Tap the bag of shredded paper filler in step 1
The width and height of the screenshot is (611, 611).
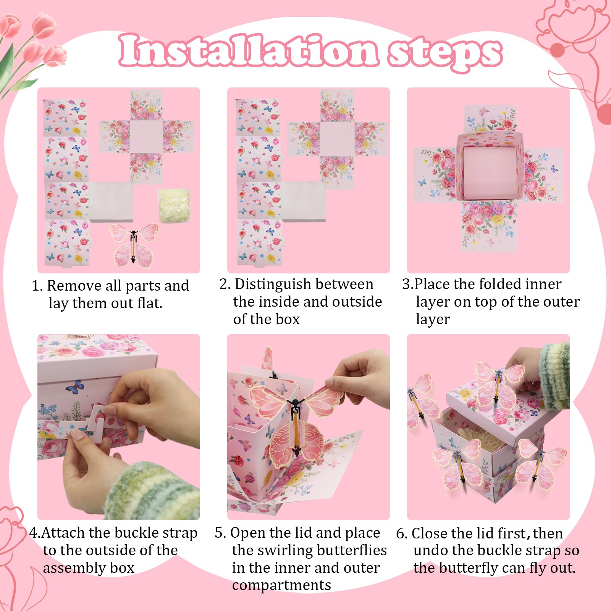[x=174, y=205]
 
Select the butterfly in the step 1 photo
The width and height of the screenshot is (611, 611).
[x=133, y=245]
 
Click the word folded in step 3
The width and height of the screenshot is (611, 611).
[x=501, y=284]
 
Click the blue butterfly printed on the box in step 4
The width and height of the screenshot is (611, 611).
[x=75, y=386]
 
